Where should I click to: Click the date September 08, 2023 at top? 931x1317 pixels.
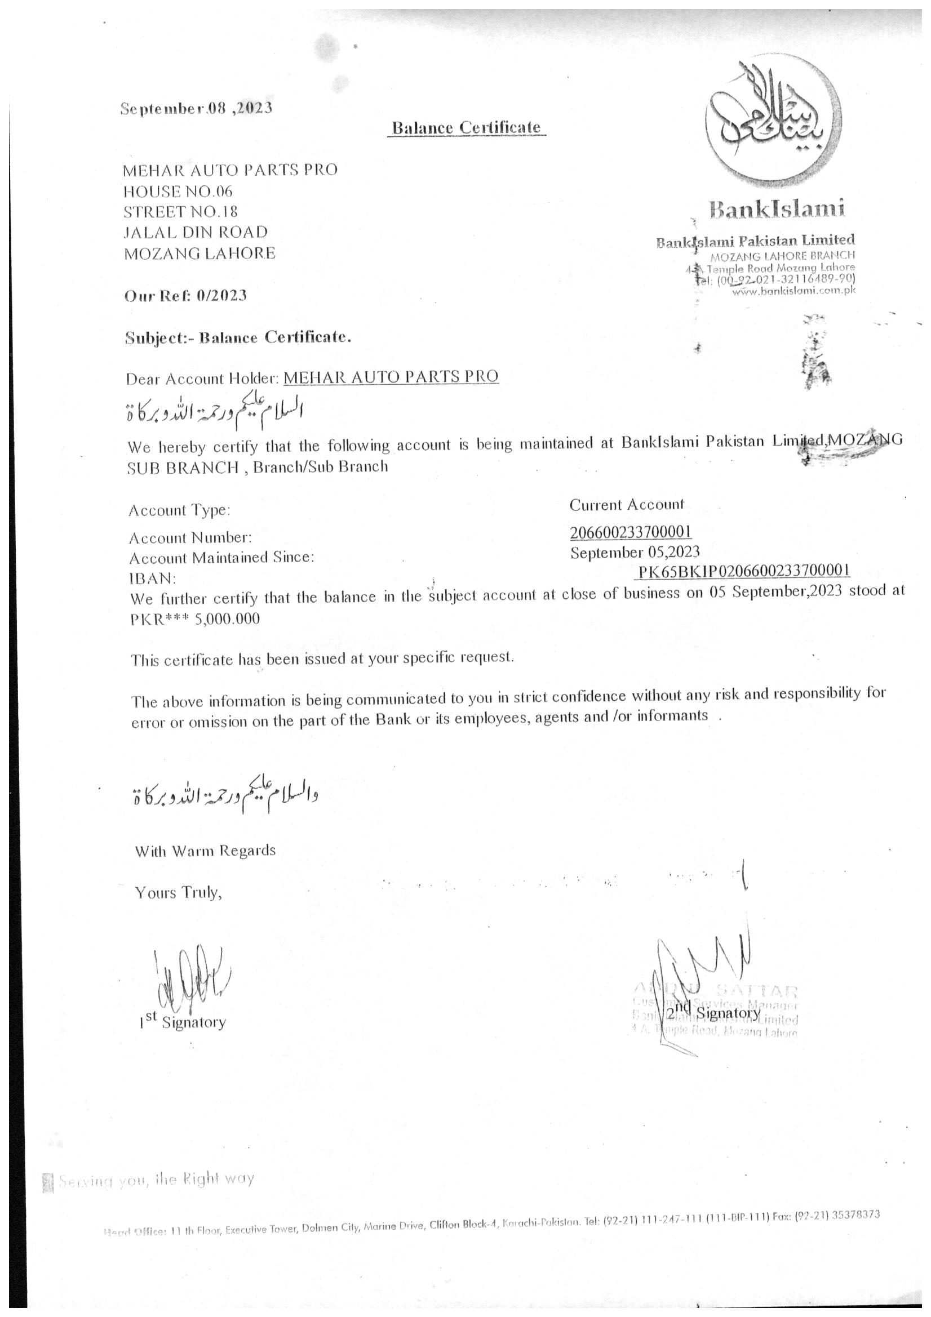point(196,108)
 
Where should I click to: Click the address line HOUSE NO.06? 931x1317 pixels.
point(178,191)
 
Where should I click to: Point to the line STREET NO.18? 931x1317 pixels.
point(181,212)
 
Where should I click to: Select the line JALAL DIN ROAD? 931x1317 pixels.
point(196,232)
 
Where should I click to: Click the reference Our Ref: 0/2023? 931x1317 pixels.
point(186,296)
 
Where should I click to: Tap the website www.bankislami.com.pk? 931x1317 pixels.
point(793,291)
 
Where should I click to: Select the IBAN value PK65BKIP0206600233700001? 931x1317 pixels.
point(744,571)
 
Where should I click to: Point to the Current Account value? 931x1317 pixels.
point(627,505)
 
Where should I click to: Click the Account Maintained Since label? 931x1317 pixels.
point(221,558)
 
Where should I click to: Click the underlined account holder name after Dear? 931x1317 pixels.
point(391,376)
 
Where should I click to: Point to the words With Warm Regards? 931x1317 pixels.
point(205,850)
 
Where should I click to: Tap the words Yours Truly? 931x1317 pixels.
point(178,892)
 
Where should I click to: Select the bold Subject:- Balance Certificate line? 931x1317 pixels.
point(238,337)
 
